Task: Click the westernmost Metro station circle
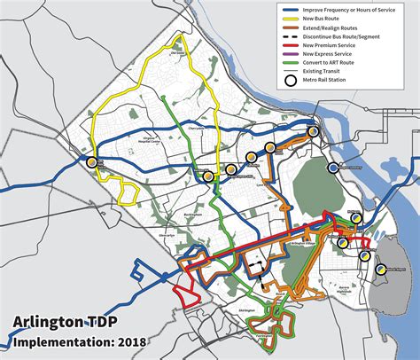tap(92, 161)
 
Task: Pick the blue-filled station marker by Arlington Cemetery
tap(333, 168)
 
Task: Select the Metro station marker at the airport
tap(381, 269)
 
